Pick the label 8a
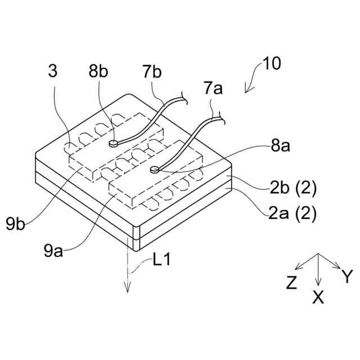[x=281, y=147]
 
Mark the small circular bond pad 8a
[x=155, y=168]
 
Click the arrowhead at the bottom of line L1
[x=128, y=289]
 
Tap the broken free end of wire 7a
[x=222, y=118]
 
